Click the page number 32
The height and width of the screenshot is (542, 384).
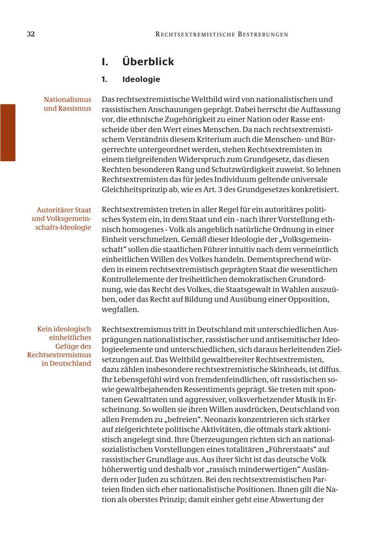click(x=31, y=35)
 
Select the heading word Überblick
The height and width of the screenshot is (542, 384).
click(x=148, y=62)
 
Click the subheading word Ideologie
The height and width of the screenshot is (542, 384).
click(x=141, y=79)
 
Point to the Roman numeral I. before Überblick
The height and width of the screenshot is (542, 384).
click(x=105, y=62)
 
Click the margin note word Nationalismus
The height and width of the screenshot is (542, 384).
click(x=67, y=100)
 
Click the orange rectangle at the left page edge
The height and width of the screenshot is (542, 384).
click(x=8, y=133)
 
